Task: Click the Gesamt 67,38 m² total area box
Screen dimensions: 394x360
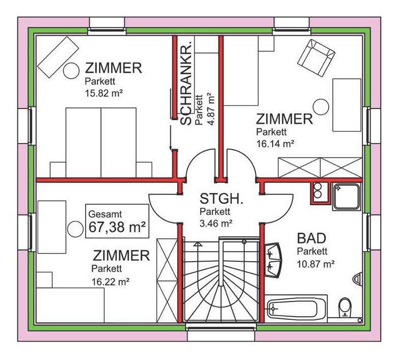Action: (117, 221)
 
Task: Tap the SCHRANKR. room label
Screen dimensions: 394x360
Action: (187, 84)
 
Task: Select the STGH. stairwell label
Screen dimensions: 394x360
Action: (221, 198)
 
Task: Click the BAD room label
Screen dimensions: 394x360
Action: (311, 238)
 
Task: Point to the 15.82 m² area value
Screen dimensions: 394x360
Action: (104, 93)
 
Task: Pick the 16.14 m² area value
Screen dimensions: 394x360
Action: (275, 144)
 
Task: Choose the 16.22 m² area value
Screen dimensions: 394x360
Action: (110, 282)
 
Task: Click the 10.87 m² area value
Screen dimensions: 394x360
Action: (316, 264)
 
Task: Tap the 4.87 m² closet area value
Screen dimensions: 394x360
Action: (212, 109)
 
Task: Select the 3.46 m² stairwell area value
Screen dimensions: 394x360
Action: (216, 223)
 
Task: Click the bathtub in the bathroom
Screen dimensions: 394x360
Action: (296, 309)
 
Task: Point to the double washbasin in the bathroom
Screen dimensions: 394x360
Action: (273, 260)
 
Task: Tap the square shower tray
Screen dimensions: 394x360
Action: (347, 197)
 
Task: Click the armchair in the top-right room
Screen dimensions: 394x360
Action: (316, 58)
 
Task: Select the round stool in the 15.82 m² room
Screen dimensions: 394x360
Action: (71, 71)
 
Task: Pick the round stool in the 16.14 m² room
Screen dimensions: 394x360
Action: (321, 107)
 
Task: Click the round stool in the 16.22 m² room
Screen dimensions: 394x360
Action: (75, 229)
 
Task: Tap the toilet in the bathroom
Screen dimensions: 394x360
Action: (344, 308)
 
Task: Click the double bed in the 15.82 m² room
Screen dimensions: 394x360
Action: (101, 143)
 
